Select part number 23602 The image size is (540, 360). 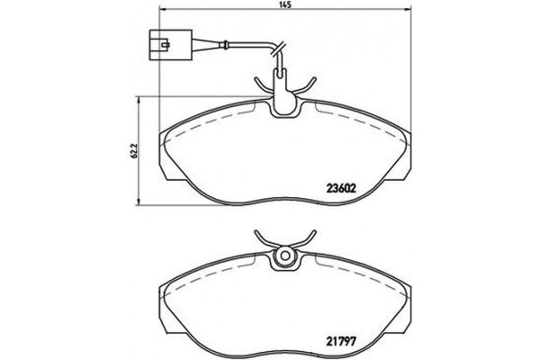[342, 188]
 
